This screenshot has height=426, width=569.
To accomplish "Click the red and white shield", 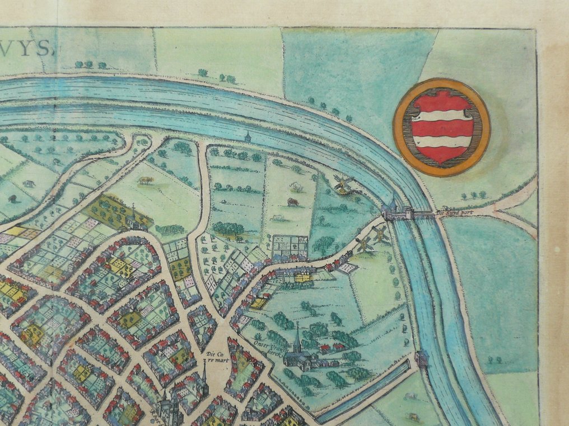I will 441,127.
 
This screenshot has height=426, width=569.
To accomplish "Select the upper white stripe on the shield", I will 441,115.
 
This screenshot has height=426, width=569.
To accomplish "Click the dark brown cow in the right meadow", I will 293,202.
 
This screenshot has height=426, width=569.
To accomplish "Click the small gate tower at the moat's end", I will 422,358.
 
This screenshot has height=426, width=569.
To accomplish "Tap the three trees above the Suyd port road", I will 473,195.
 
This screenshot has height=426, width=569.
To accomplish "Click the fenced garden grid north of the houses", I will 290,244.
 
